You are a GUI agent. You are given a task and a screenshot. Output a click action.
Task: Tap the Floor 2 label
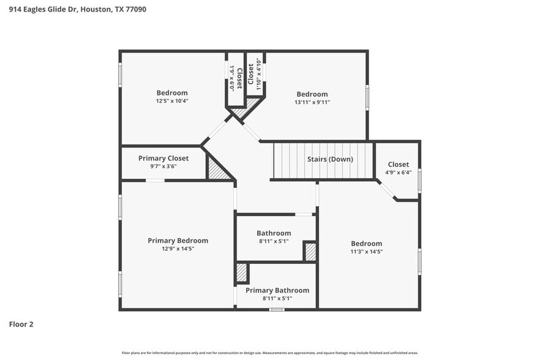[x=21, y=324]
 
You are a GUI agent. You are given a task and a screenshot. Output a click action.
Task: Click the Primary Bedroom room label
[x=178, y=241]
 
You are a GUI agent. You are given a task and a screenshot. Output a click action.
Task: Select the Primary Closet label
[x=163, y=158]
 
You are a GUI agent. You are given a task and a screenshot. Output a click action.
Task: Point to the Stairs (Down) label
[x=330, y=159]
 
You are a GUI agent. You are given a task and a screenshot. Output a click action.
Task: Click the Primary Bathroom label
[x=277, y=290]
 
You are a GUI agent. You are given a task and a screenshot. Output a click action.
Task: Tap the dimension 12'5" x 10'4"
[x=172, y=101]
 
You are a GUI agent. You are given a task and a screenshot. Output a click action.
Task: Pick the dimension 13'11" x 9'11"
[x=312, y=102]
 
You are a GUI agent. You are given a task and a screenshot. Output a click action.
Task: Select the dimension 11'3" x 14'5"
[x=366, y=252]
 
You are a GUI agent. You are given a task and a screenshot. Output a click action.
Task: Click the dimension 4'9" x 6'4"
[x=398, y=173]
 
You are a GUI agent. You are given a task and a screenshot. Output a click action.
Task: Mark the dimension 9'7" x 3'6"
[x=163, y=167]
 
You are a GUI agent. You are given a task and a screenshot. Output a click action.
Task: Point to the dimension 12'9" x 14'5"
[x=178, y=249]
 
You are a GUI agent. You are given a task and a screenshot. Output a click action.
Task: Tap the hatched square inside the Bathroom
[x=310, y=252]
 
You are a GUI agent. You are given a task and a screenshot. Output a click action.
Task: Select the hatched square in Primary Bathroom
[x=242, y=272]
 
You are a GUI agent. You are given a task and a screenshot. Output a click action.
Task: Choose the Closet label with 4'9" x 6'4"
[x=398, y=164]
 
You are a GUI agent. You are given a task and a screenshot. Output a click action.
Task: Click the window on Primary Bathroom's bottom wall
[x=277, y=309]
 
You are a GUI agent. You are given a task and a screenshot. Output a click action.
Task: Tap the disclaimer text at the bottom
[x=270, y=353]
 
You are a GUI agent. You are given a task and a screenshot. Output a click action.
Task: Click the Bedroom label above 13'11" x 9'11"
[x=312, y=94]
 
